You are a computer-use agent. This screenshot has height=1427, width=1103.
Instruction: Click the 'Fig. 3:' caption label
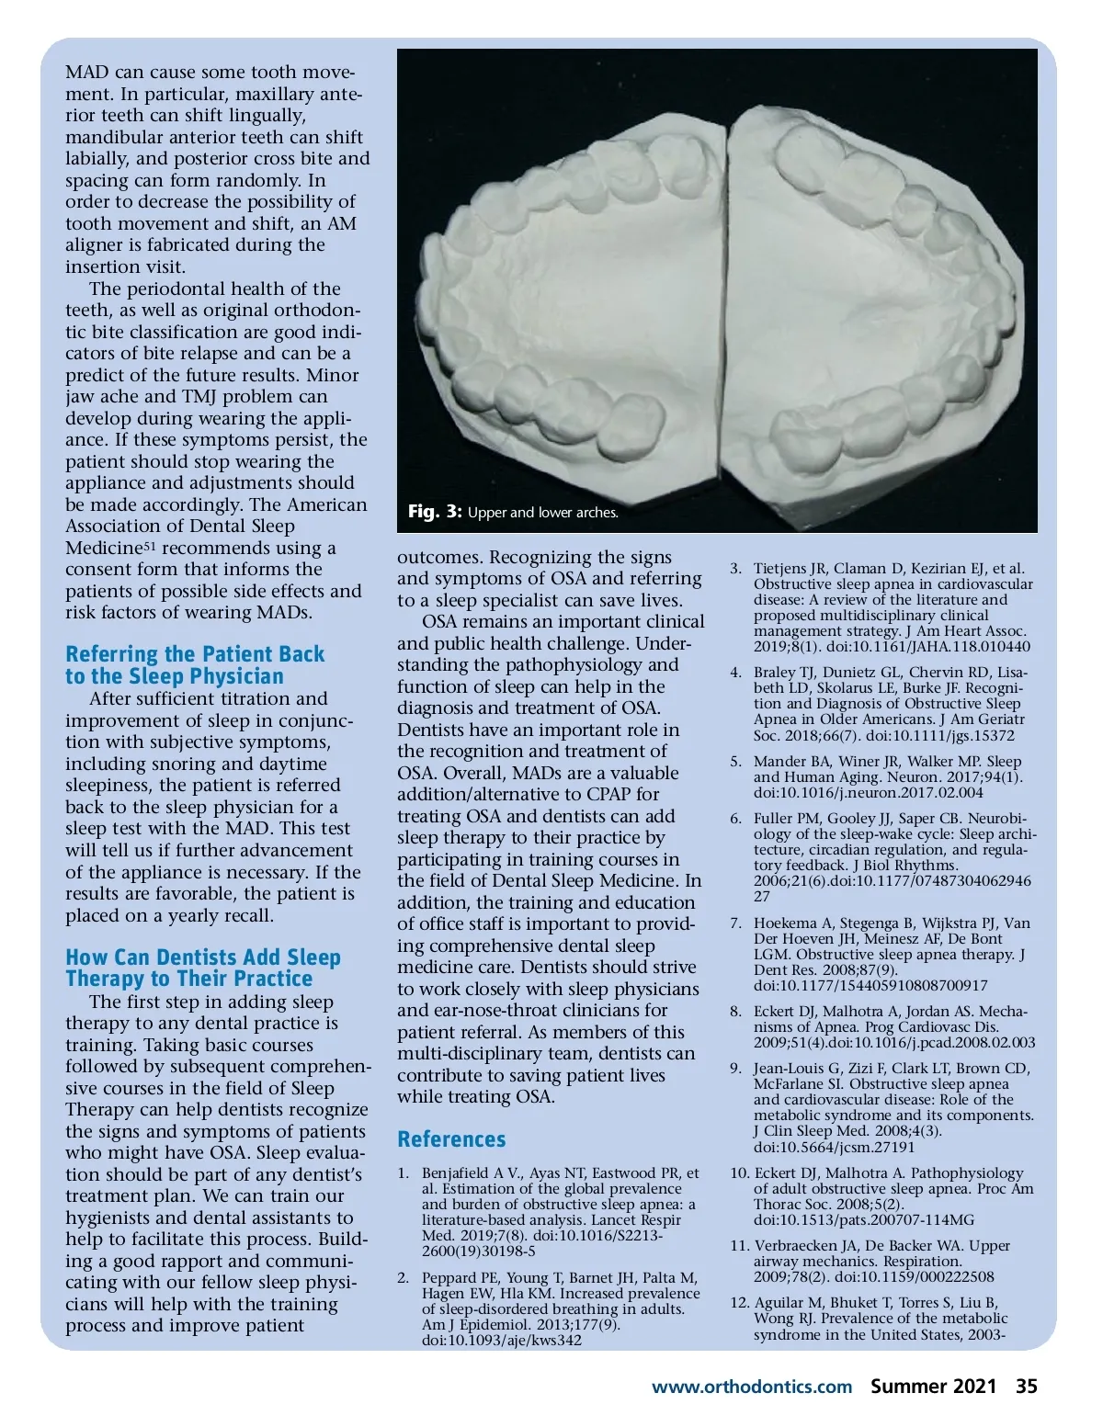[x=435, y=512]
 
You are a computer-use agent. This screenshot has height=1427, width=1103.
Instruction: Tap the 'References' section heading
[x=451, y=1139]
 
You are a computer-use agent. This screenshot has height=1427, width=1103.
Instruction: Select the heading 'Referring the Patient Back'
[x=195, y=654]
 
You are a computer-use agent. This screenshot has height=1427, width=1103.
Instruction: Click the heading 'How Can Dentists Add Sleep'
[x=203, y=957]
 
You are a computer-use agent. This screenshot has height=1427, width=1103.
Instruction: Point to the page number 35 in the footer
[x=1026, y=1386]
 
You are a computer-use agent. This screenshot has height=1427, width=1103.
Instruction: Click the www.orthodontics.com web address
[x=752, y=1387]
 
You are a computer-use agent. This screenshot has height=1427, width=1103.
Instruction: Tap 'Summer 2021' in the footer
[x=933, y=1386]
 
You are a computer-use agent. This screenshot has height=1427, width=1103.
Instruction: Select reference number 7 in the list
[x=735, y=923]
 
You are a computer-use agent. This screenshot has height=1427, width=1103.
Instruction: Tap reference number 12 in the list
[x=740, y=1303]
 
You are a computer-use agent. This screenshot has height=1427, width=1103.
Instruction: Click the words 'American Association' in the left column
[x=216, y=515]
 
